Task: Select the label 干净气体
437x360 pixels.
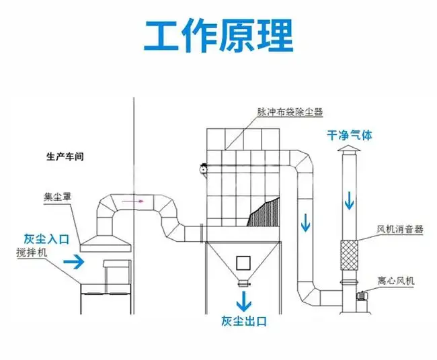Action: point(349,135)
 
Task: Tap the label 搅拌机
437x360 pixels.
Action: point(33,253)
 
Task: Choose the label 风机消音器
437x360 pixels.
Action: point(400,228)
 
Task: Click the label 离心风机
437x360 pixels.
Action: point(397,279)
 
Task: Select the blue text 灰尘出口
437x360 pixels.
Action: point(243,321)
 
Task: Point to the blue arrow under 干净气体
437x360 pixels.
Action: point(349,199)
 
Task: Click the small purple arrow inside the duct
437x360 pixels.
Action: point(141,199)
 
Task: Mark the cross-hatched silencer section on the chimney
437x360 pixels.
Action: point(349,255)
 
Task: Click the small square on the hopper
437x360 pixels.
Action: point(243,263)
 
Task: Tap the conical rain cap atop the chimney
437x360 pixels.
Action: point(349,148)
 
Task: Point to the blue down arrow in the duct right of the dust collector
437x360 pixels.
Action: point(306,221)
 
